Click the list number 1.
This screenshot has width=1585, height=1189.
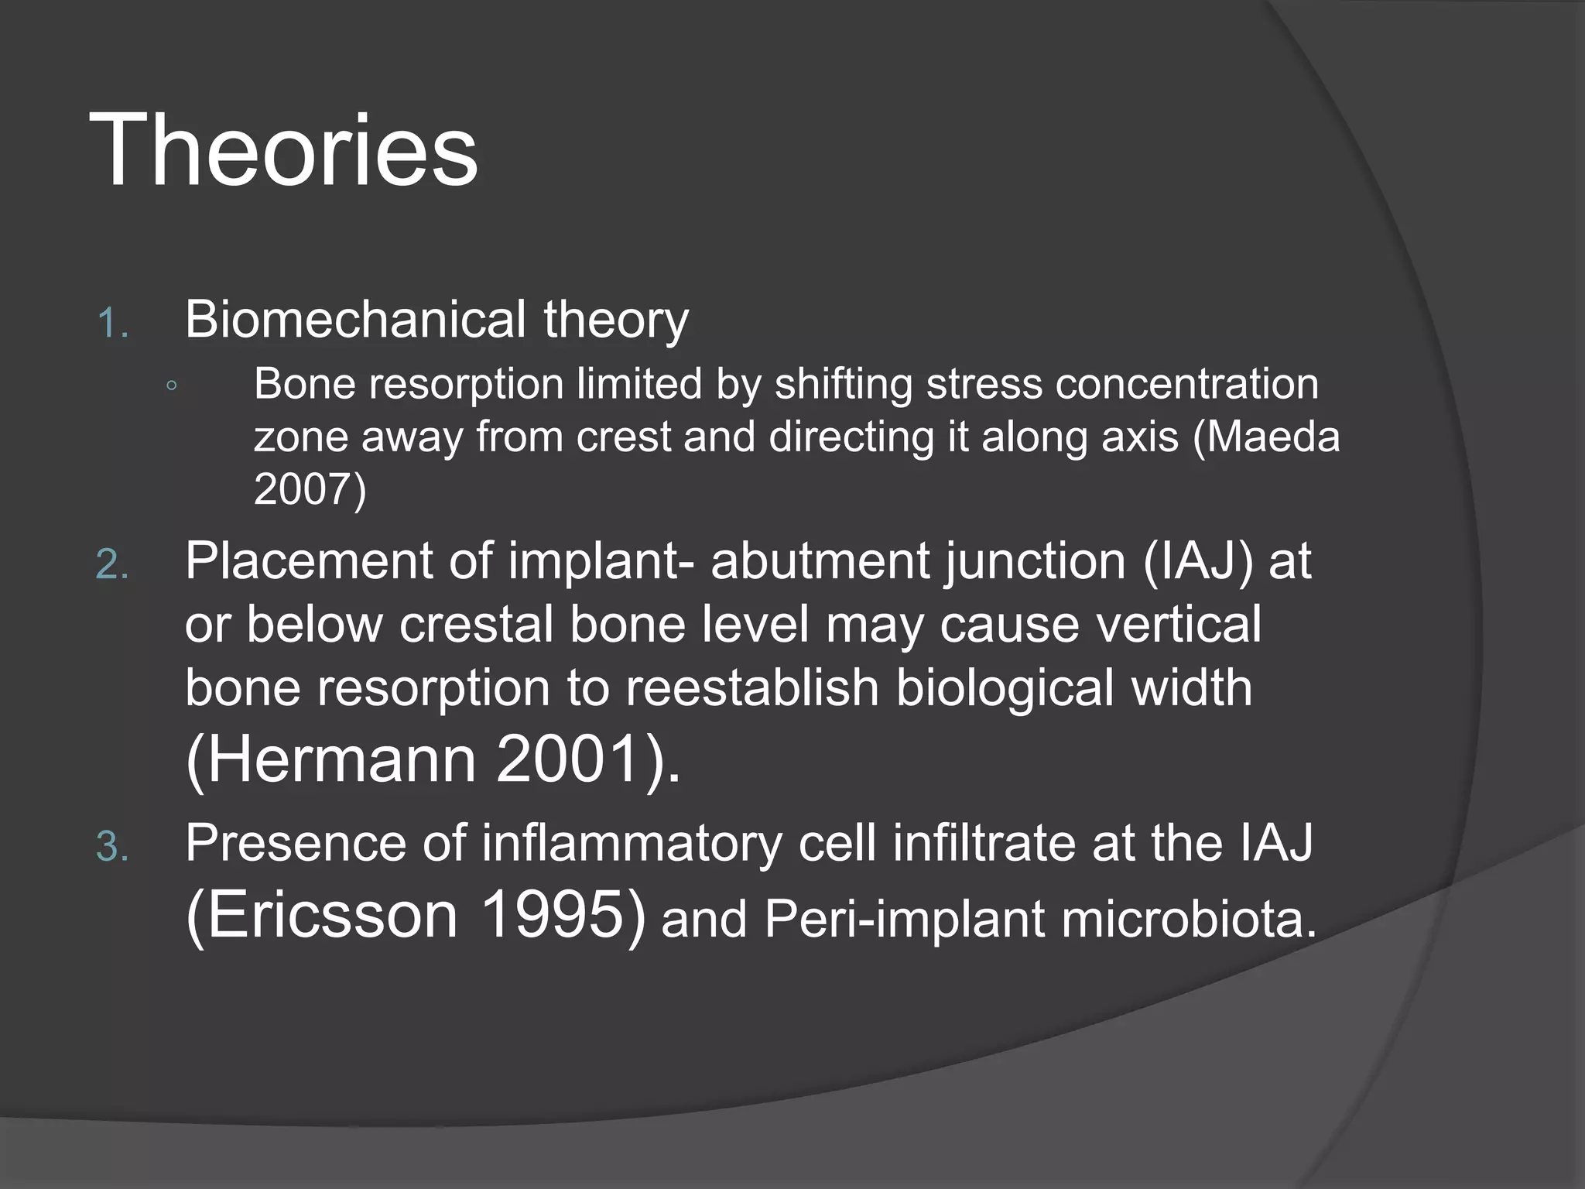tap(112, 323)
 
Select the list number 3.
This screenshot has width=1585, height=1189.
tap(112, 847)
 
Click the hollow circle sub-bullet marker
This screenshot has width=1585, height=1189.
tap(171, 385)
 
